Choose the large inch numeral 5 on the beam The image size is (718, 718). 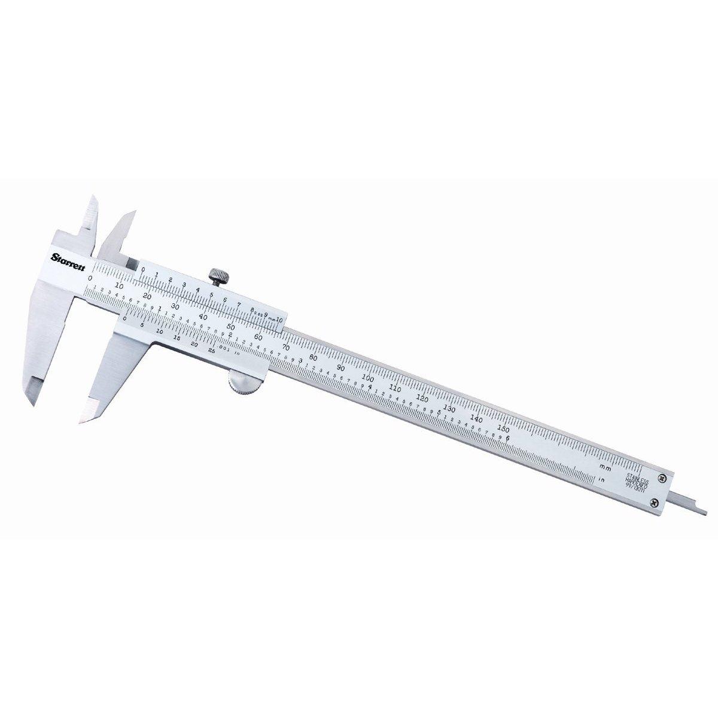(x=439, y=412)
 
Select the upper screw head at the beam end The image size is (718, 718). (x=662, y=477)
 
